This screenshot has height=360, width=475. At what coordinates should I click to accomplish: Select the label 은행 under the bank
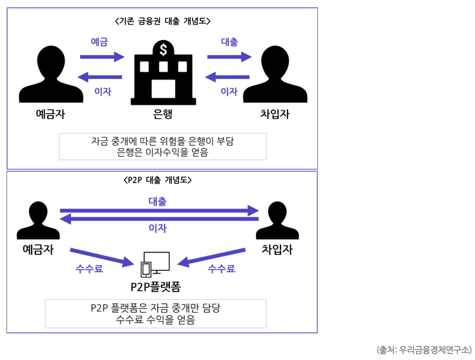(163, 115)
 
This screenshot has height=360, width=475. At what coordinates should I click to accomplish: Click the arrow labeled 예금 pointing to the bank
(101, 57)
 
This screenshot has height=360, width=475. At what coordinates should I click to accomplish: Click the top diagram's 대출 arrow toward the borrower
(229, 57)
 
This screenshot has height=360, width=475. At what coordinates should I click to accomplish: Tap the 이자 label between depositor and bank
(102, 92)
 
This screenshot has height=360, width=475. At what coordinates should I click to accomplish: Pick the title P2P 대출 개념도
(158, 180)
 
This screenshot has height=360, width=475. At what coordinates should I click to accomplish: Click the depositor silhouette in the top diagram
(51, 74)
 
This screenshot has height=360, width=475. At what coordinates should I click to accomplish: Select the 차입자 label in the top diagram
(275, 114)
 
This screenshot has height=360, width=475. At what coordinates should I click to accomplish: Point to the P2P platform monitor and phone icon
(156, 264)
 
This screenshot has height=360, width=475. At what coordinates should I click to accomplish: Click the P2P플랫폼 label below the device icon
(155, 286)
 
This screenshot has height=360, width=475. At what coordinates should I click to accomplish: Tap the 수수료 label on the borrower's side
(221, 269)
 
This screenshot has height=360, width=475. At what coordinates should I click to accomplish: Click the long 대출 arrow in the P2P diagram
(158, 211)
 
